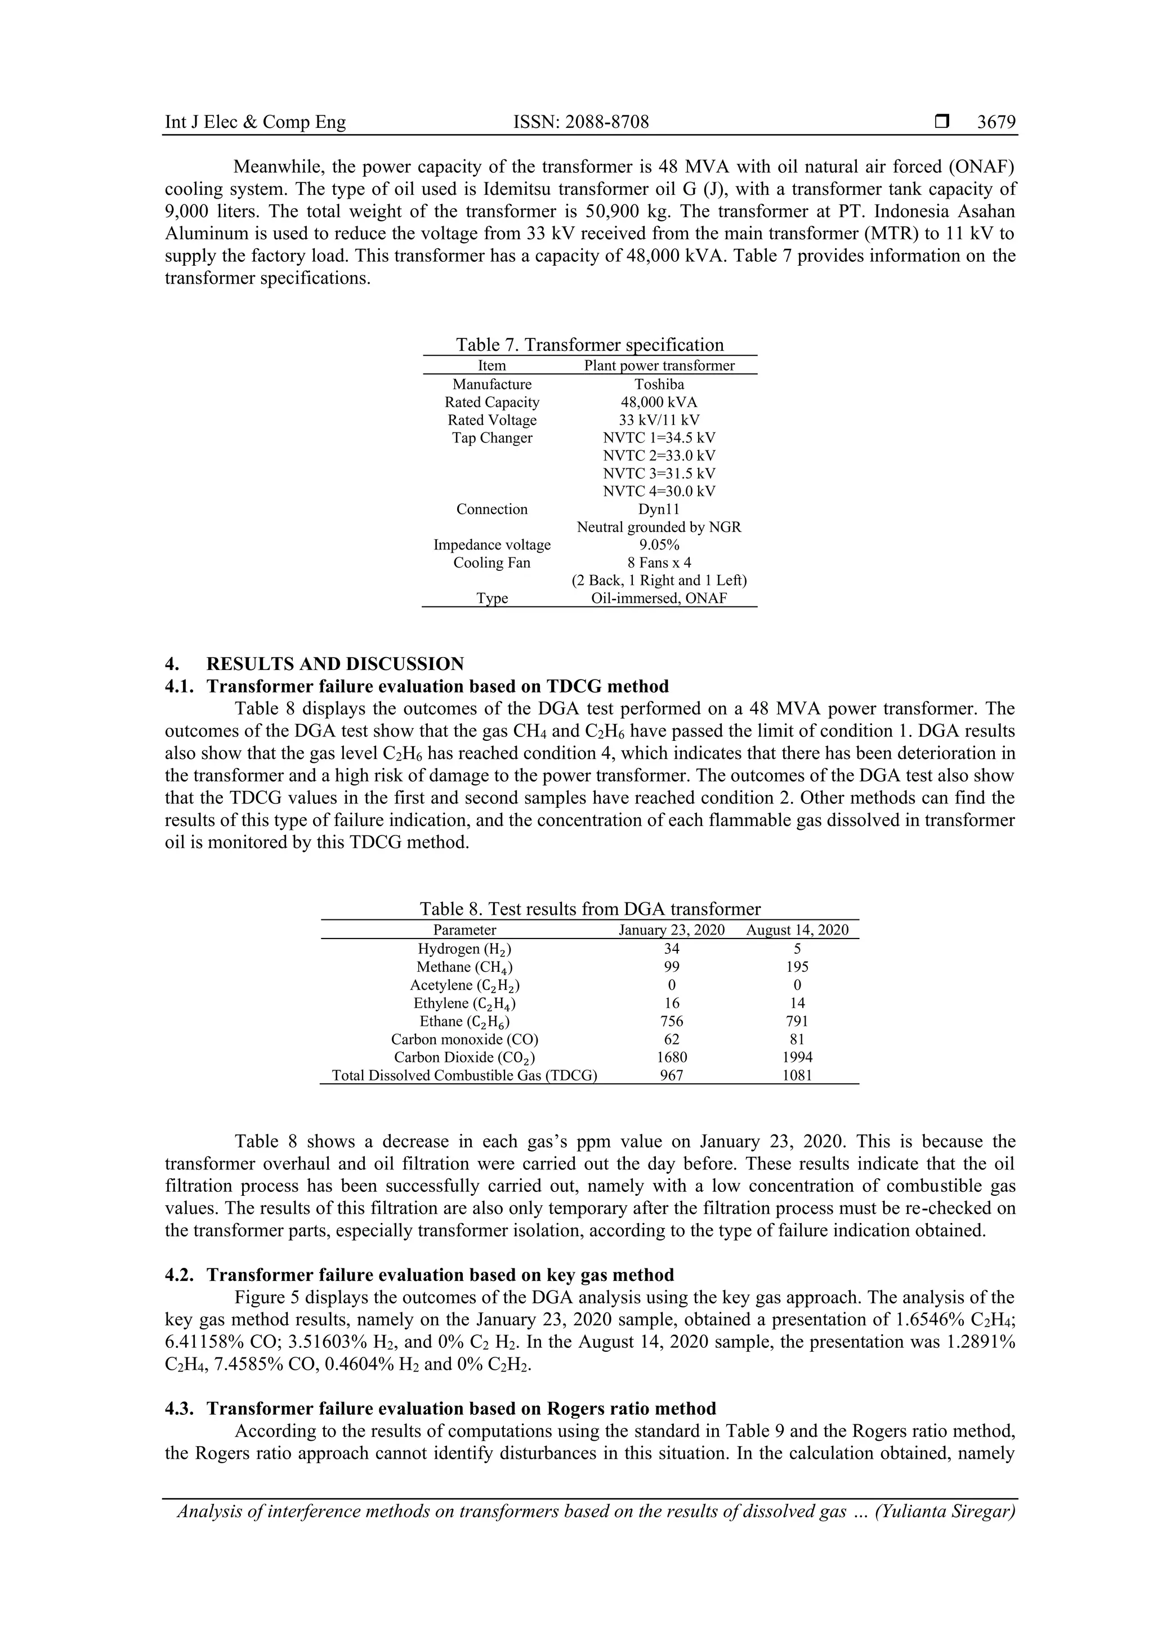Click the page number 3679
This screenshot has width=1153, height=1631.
pos(996,122)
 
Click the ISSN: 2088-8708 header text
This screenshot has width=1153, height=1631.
pos(580,122)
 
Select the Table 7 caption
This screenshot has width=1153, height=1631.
pos(589,345)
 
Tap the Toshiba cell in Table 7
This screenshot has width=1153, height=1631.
pos(659,385)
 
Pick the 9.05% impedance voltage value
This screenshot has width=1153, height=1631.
pos(659,545)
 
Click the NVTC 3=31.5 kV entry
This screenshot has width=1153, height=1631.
pos(659,473)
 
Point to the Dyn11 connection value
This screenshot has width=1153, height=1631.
pos(659,510)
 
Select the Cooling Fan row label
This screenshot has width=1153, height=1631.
pos(491,562)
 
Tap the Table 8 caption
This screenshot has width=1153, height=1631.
pos(589,909)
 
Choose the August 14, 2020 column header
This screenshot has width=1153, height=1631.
pos(797,930)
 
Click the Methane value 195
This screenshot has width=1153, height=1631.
pos(797,967)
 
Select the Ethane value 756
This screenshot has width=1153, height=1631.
pos(671,1021)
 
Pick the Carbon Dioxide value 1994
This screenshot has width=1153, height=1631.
pos(797,1057)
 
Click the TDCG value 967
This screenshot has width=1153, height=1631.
pos(671,1075)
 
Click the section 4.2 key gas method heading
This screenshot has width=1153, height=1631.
pos(440,1275)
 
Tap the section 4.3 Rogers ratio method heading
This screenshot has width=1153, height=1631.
pos(461,1409)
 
